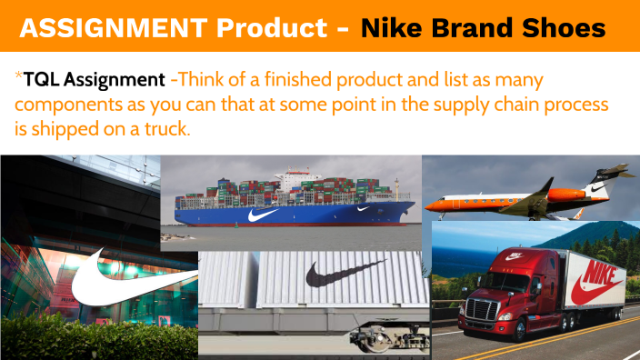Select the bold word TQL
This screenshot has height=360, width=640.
(x=43, y=80)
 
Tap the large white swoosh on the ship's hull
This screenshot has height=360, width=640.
(x=262, y=215)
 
